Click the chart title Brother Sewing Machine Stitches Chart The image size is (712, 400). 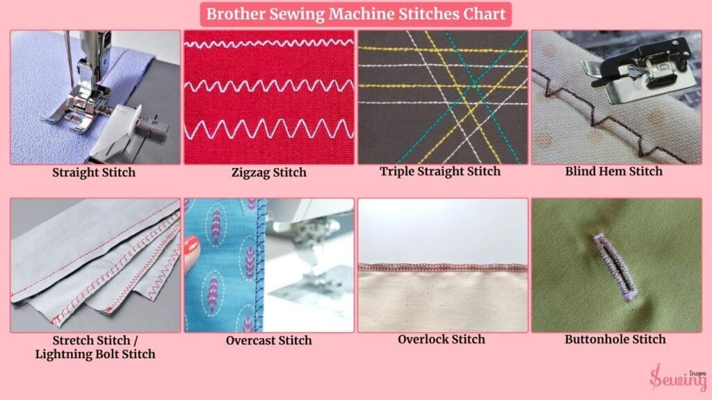[x=356, y=14]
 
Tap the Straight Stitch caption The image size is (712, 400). [x=94, y=173]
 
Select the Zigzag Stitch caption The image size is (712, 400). [x=269, y=173]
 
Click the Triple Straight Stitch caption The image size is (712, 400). [x=440, y=172]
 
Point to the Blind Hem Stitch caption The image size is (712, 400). [x=614, y=172]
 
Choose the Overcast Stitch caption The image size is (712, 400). [x=269, y=340]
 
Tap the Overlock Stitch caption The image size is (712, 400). [x=442, y=339]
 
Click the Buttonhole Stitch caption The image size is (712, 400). [x=615, y=339]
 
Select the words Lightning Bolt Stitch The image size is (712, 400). [x=95, y=354]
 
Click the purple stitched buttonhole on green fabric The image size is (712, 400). [x=615, y=267]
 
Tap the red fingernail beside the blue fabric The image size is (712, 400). [x=192, y=249]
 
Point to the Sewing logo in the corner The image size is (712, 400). [x=678, y=377]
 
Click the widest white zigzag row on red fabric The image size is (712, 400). [x=269, y=128]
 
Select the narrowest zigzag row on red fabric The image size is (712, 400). [x=269, y=44]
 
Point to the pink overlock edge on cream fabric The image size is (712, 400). [x=443, y=267]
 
